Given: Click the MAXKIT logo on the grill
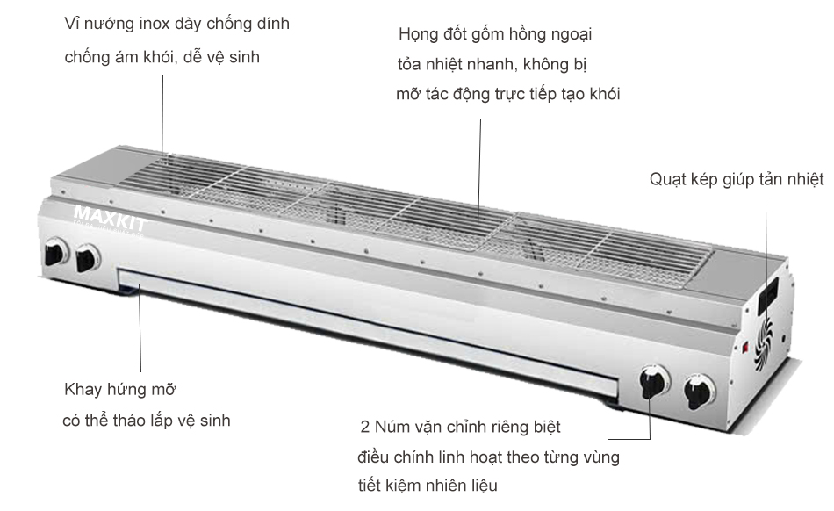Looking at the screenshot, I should coord(110,215).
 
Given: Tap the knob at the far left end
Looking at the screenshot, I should coord(56,253).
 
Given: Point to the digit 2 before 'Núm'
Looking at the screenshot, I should coord(365,428).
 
